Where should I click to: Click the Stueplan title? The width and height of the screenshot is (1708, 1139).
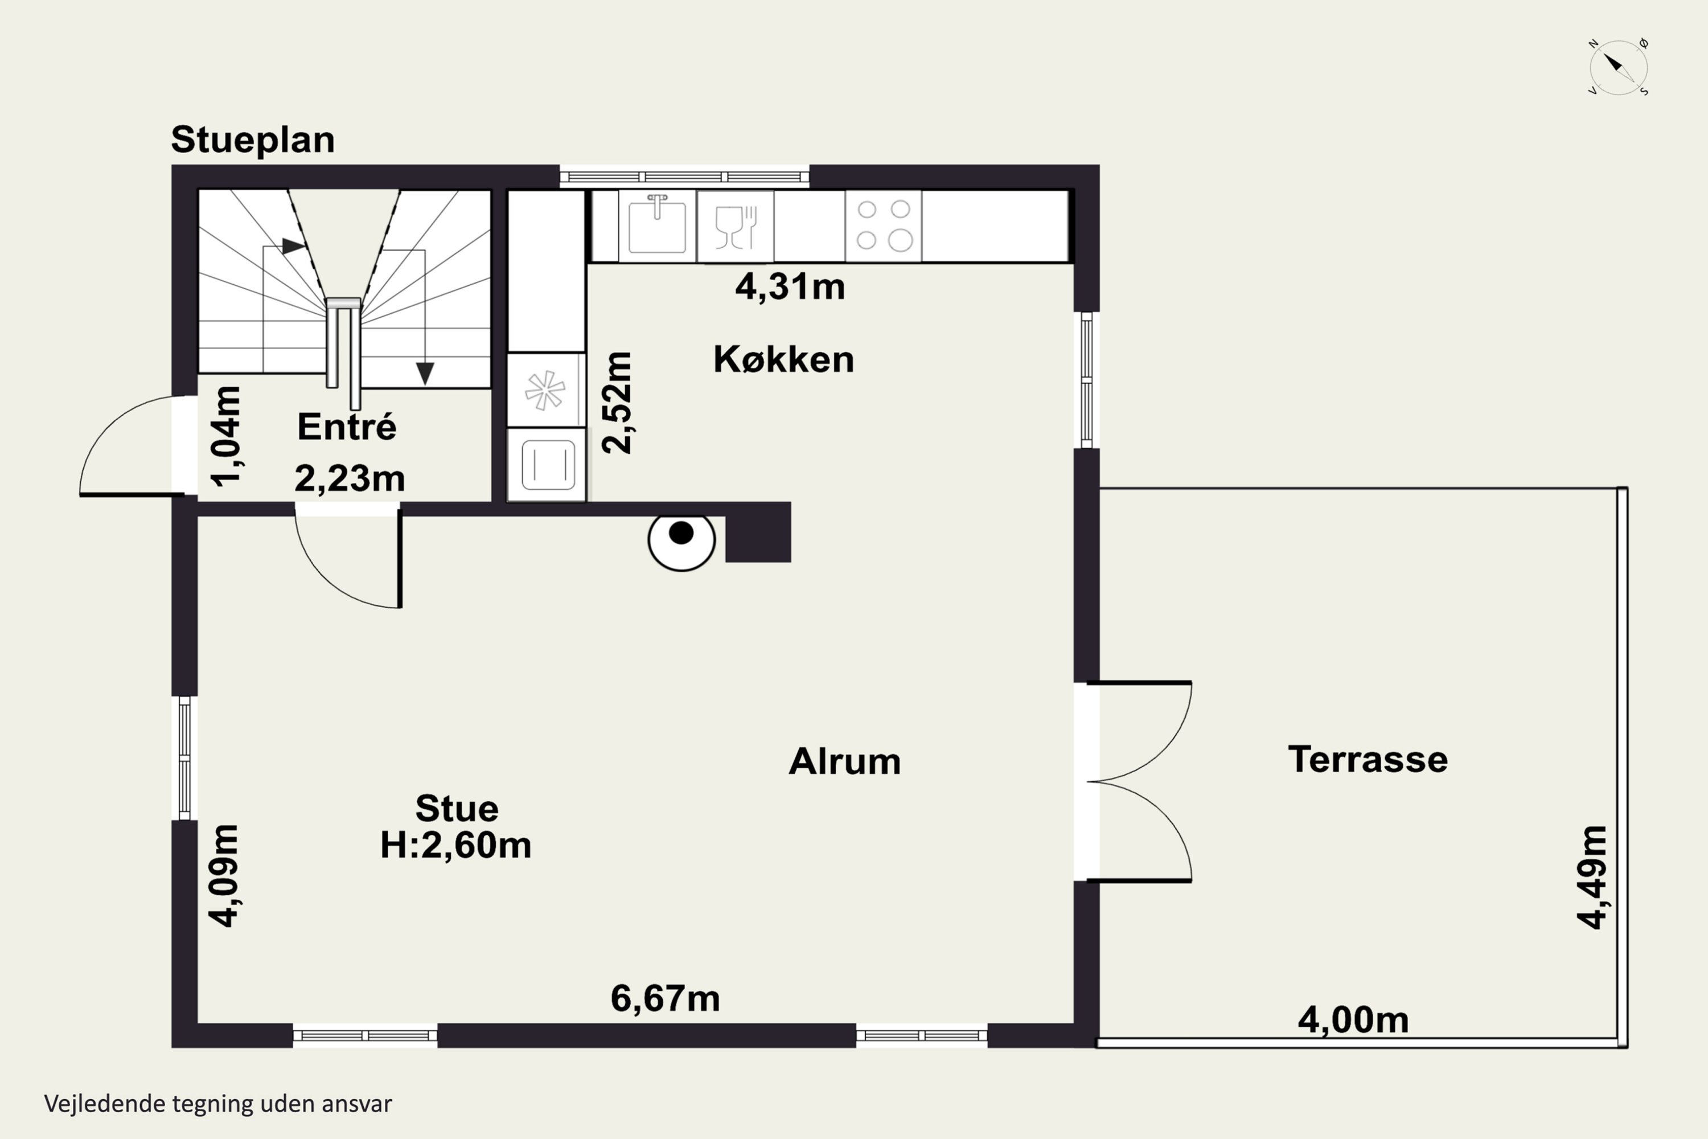coord(253,140)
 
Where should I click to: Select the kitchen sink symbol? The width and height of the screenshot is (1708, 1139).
coord(657,224)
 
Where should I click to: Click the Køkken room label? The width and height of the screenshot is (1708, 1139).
coord(783,359)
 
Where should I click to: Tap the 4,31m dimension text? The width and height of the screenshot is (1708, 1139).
coord(790,286)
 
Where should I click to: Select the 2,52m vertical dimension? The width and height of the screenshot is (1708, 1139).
coord(617,403)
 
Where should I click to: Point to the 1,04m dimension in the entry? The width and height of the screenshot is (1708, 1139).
coord(226,436)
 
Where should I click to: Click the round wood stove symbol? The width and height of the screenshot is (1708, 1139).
coord(681,540)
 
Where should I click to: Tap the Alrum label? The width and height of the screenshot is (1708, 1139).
coord(844,761)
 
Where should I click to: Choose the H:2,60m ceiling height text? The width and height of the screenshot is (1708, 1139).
coord(456,845)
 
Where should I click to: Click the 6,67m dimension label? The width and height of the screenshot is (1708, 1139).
coord(665,998)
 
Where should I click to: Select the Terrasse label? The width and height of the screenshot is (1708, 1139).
coord(1368,759)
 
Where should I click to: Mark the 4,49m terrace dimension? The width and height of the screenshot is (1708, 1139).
coord(1592,877)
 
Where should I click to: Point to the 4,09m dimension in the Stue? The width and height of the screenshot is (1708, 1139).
coord(224,876)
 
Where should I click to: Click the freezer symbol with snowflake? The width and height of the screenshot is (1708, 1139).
coord(545,390)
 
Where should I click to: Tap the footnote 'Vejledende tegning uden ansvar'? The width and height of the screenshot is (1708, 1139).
coord(218,1104)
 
